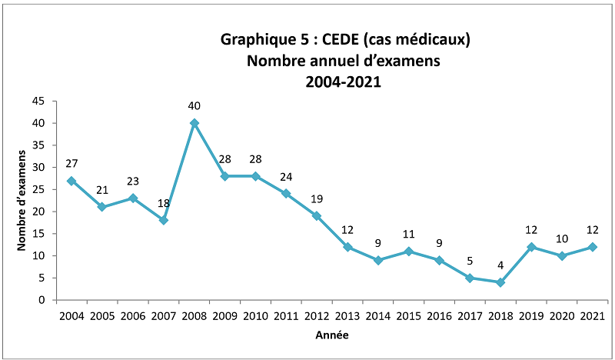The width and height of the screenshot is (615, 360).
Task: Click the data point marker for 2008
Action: click(x=194, y=123)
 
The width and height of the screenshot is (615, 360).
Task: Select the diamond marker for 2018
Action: click(x=500, y=282)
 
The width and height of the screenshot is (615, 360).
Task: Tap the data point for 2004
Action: click(x=71, y=181)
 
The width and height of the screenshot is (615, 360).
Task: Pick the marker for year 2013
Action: click(x=347, y=247)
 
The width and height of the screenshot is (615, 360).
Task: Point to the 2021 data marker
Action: click(x=592, y=247)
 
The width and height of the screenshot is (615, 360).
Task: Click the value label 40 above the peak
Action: click(x=194, y=105)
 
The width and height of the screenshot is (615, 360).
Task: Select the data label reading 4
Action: click(x=500, y=265)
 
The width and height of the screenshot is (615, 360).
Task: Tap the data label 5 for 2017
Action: click(x=469, y=261)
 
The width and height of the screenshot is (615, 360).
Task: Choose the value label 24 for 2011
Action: click(x=286, y=176)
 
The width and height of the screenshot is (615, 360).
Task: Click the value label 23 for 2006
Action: click(x=132, y=181)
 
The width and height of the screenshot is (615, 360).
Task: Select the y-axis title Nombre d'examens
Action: click(x=22, y=201)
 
